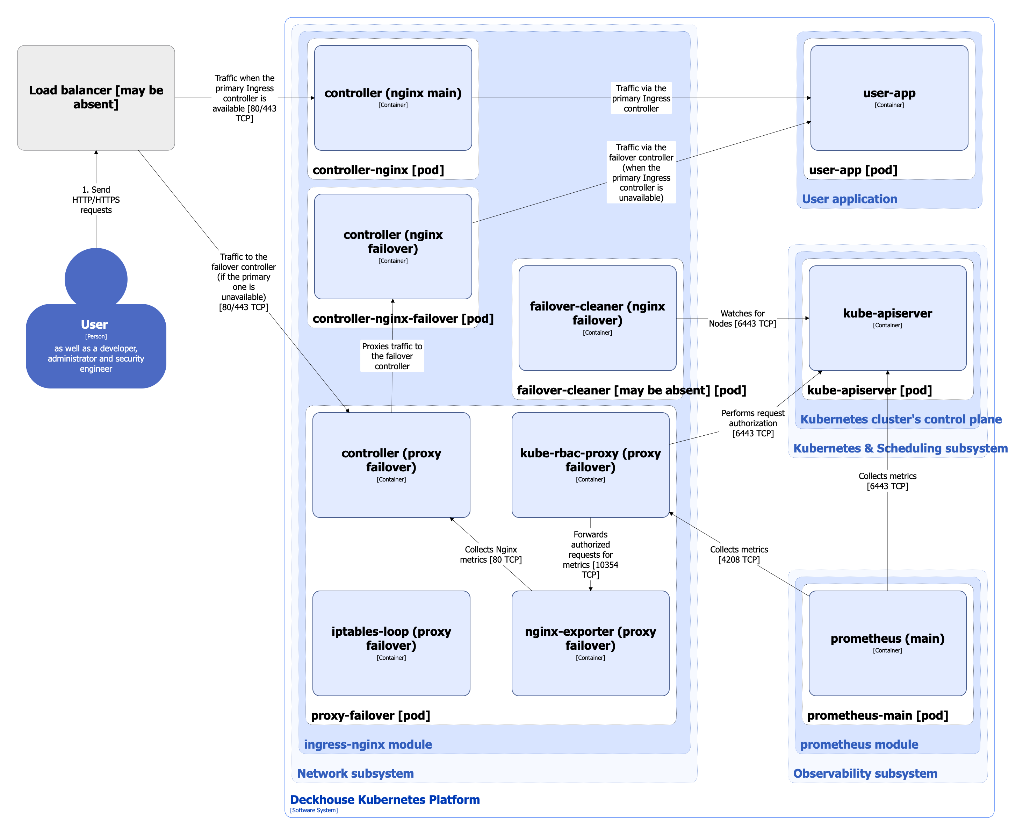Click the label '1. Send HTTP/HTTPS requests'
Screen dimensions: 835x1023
pyautogui.click(x=96, y=200)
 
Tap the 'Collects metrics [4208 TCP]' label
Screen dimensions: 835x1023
pyautogui.click(x=739, y=554)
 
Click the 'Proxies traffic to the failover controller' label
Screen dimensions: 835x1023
pyautogui.click(x=392, y=356)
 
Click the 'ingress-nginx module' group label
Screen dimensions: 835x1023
pyautogui.click(x=367, y=744)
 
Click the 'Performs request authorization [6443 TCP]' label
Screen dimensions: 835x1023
pyautogui.click(x=752, y=423)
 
